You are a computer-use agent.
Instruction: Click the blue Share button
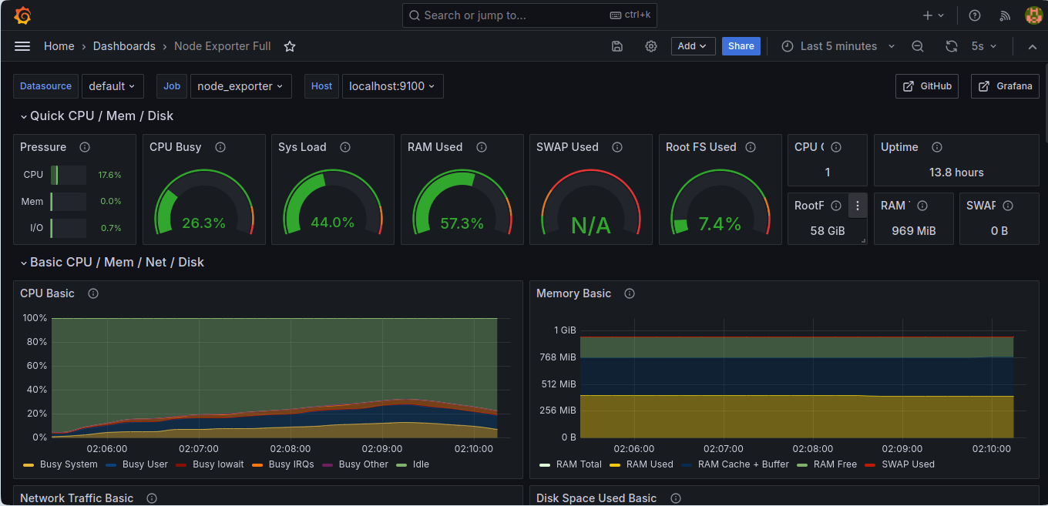[x=741, y=46]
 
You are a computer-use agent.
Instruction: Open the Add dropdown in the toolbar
[x=693, y=46]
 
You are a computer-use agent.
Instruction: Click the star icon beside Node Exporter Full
[x=290, y=46]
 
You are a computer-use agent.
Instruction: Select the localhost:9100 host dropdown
[x=392, y=86]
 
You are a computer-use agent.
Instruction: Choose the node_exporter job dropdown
[x=240, y=86]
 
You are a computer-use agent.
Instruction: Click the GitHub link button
[x=927, y=86]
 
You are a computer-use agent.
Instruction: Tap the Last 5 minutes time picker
[x=838, y=46]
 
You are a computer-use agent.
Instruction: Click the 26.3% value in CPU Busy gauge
[x=203, y=223]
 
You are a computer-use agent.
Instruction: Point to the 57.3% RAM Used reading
[x=462, y=223]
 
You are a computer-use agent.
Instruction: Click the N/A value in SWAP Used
[x=591, y=226]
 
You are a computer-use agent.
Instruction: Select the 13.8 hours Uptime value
[x=956, y=173]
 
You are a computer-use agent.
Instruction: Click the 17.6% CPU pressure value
[x=109, y=175]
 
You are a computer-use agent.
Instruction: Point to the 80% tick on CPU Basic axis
[x=36, y=342]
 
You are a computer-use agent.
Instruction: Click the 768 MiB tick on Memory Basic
[x=558, y=357]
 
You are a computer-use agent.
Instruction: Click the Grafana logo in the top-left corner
[x=22, y=15]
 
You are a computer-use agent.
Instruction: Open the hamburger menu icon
[x=22, y=46]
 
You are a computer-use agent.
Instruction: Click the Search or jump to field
[x=529, y=15]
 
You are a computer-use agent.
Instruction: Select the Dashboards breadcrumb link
[x=124, y=46]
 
